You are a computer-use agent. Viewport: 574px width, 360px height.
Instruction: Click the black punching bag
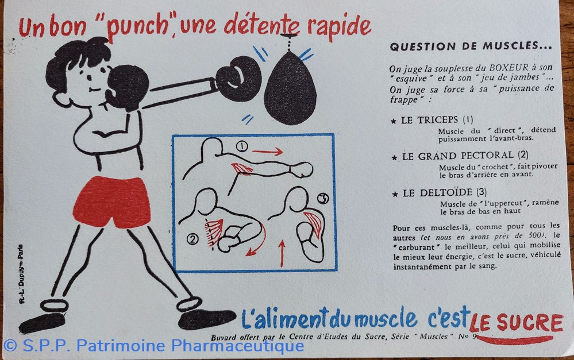[x=290, y=90]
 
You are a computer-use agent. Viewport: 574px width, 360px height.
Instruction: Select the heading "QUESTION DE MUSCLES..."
[x=471, y=47]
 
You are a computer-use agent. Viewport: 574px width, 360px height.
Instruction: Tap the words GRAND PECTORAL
[x=457, y=156]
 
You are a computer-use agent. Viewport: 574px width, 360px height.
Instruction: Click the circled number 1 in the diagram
[x=241, y=147]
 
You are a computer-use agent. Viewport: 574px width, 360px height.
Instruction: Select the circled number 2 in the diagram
[x=192, y=239]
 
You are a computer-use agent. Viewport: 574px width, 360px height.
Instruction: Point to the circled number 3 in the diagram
[x=323, y=198]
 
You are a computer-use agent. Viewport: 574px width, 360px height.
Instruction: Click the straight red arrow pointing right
[x=267, y=151]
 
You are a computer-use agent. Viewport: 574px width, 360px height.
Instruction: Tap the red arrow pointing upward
[x=282, y=253]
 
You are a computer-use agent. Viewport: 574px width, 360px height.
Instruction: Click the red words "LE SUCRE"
[x=516, y=323]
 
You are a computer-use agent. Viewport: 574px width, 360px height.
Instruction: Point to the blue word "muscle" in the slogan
[x=386, y=318]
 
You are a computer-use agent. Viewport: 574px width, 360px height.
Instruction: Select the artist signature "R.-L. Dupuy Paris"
[x=21, y=274]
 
